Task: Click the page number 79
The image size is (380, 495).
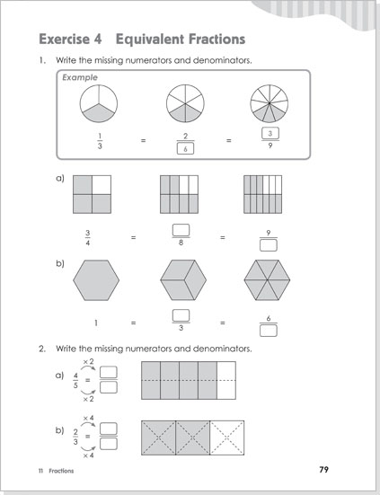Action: coord(323,470)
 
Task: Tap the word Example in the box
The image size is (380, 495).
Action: coord(80,77)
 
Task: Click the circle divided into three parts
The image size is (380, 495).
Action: coord(99,103)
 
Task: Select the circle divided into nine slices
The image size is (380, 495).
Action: coord(270,103)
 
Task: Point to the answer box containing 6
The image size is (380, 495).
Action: coord(185,149)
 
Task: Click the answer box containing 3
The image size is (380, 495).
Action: coord(270,133)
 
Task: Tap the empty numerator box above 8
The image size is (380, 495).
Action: coord(181,230)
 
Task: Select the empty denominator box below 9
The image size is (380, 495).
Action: coord(269,245)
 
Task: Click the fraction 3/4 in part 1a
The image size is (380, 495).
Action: coord(87,238)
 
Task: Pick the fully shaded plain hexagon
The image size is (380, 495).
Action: coord(96,280)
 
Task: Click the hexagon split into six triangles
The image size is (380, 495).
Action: coord(267,280)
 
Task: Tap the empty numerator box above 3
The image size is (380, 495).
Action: coord(181,315)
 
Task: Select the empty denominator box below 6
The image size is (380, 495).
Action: coord(269,331)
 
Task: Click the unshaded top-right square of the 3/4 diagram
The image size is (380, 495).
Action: coord(102,185)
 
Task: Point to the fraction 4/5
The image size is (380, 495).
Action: coord(75,380)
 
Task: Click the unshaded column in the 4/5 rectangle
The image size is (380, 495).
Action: coord(226,380)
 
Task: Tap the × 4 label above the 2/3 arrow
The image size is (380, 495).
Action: coord(88,418)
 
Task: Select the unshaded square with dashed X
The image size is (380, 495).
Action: coord(227,438)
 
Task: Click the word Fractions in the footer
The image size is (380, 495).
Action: coord(61,471)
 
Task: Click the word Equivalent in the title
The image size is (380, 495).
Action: coord(149,40)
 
